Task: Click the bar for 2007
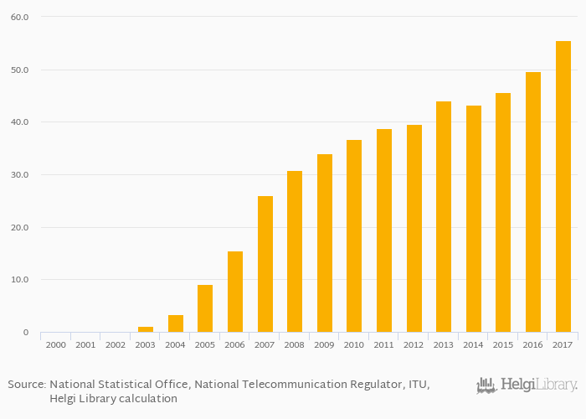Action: (265, 264)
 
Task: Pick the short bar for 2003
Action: (146, 329)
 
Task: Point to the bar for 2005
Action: (205, 308)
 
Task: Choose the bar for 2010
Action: (354, 235)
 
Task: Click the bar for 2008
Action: (295, 251)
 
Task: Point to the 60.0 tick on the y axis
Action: (18, 17)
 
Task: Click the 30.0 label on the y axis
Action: (18, 174)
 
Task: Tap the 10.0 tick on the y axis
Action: (18, 279)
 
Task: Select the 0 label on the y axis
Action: (26, 332)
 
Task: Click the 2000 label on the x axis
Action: (56, 344)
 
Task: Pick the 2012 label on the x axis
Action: (414, 344)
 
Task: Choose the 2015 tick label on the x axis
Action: (503, 344)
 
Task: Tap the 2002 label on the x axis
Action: (116, 344)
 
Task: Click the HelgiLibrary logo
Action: (527, 385)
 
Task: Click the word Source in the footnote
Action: (26, 384)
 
